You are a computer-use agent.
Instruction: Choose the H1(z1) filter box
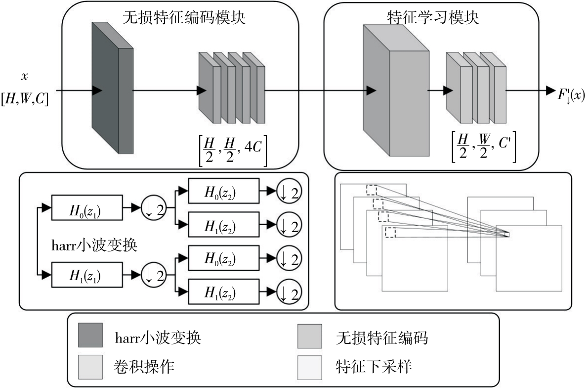click(86, 275)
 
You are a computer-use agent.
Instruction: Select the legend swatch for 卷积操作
click(90, 367)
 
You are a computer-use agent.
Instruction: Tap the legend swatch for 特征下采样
click(309, 367)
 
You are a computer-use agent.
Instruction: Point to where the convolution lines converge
click(507, 235)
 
